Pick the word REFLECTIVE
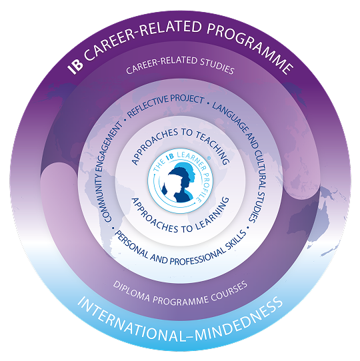(147, 107)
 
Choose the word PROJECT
(187, 99)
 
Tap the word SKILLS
(235, 240)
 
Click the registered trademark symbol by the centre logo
(209, 158)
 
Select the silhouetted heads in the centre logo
(179, 182)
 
